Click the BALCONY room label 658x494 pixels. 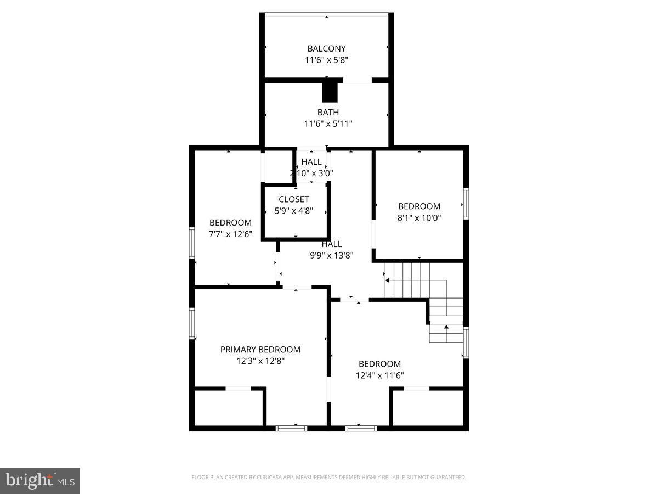pos(326,48)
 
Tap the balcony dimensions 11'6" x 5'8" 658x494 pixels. pos(326,60)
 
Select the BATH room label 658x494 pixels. pos(328,112)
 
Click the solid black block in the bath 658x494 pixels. pos(330,92)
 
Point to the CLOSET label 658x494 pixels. pos(293,199)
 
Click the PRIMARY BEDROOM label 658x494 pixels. pos(260,349)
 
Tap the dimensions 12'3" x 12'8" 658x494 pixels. pos(260,361)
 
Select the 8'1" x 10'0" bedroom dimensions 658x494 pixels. pos(419,217)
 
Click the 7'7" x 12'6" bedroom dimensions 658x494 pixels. pos(230,234)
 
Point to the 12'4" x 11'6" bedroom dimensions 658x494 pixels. pos(379,375)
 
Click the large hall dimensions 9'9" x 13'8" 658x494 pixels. pos(332,255)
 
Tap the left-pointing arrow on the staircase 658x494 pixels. pos(388,280)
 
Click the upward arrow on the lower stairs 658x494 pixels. pos(446,328)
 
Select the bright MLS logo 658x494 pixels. pos(40,481)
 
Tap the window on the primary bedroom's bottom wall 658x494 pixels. pos(291,428)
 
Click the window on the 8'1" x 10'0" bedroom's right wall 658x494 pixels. pos(466,204)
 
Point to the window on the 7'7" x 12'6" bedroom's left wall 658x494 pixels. pos(192,243)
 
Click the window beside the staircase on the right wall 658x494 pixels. pos(466,343)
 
